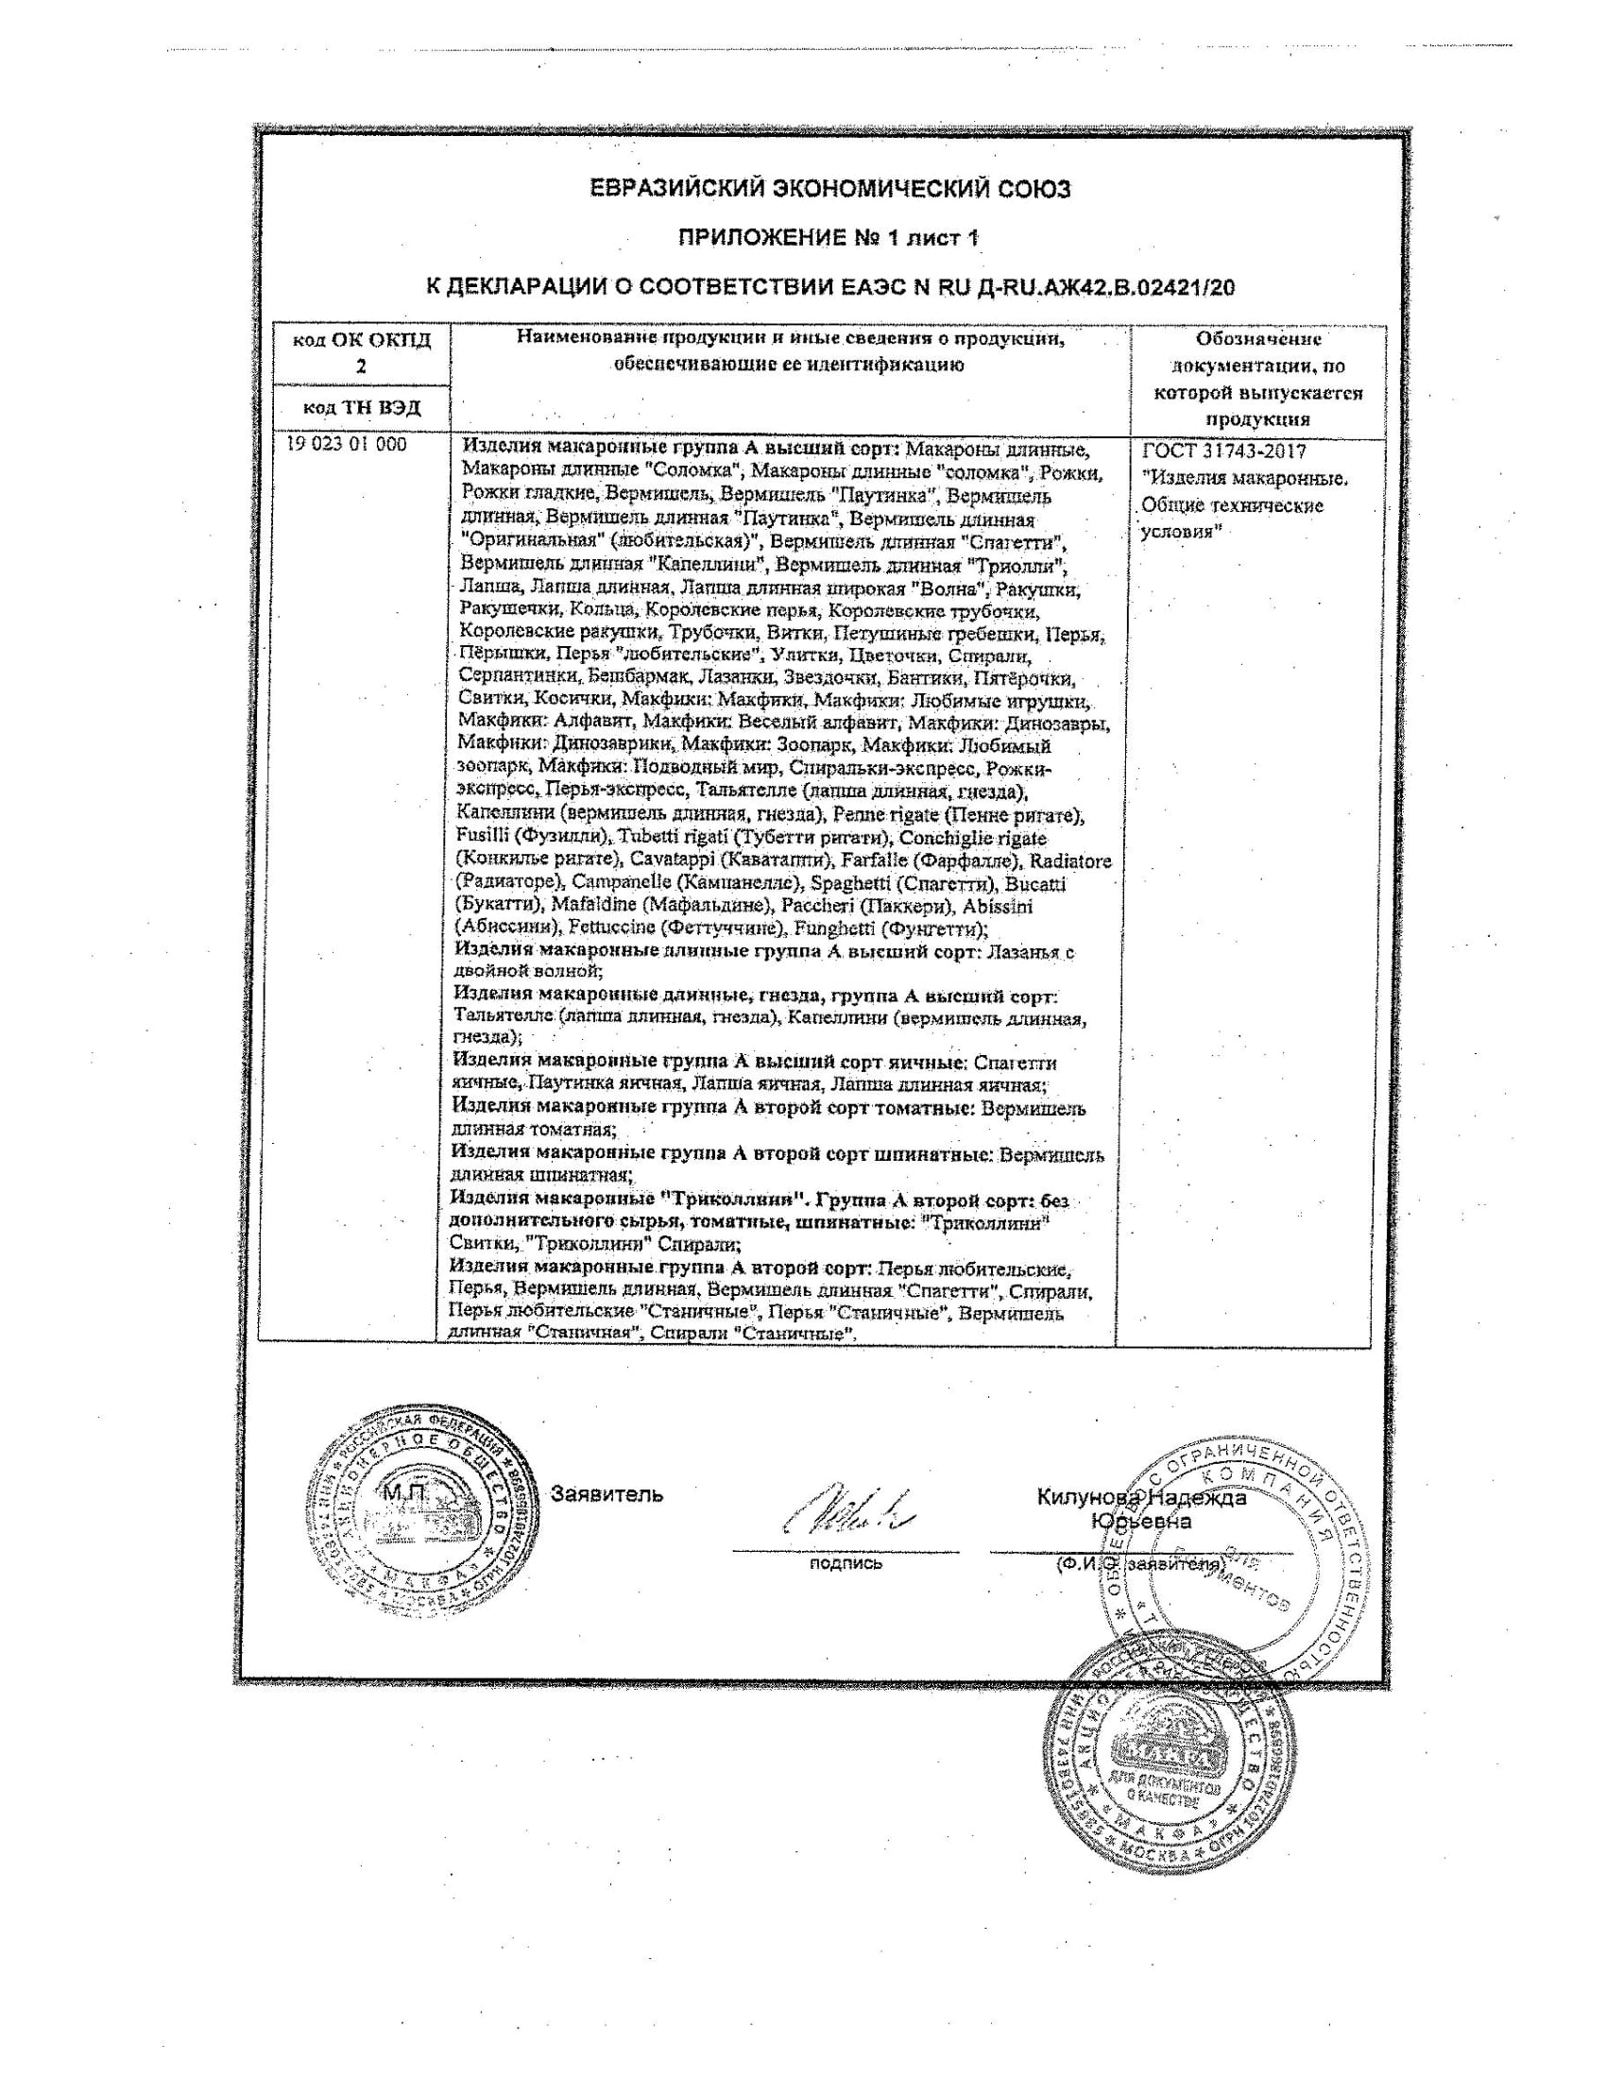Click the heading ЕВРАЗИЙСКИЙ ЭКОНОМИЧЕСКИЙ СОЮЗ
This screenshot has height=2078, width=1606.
[829, 189]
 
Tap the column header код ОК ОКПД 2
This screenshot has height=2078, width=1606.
[361, 353]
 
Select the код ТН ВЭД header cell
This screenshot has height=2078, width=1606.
[361, 408]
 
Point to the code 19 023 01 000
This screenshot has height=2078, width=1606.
[347, 444]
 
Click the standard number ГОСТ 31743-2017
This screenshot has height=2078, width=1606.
[1224, 451]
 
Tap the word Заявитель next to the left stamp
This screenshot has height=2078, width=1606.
[607, 1494]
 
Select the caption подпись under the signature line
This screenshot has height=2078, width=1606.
[845, 1562]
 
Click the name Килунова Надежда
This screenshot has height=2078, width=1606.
[1141, 1498]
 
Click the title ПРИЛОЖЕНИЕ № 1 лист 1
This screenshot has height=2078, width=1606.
[828, 238]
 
